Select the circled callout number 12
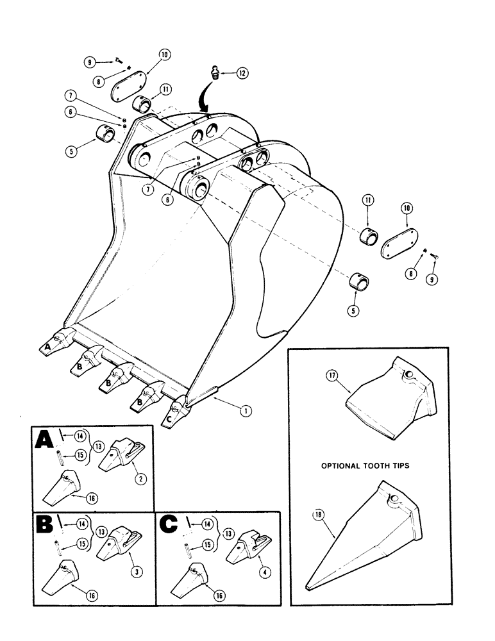[242, 74]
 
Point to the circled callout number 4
[260, 564]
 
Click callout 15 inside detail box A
[80, 456]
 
